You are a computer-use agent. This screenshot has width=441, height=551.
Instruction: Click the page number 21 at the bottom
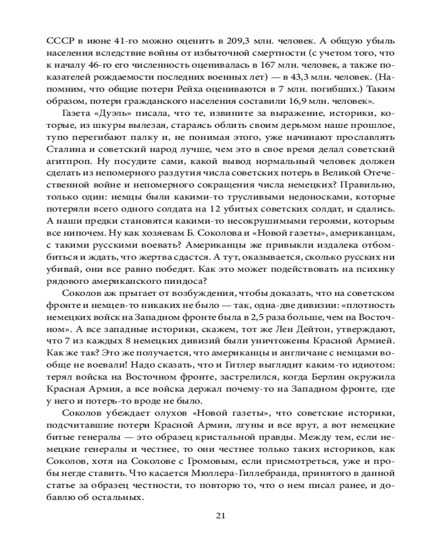[x=220, y=516]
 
